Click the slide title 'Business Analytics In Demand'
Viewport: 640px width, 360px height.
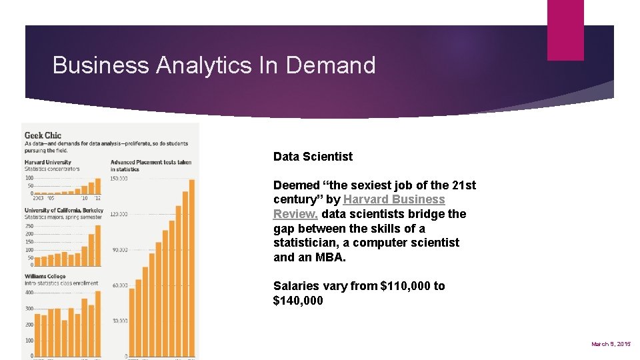point(214,65)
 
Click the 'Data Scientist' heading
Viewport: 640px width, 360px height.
point(313,157)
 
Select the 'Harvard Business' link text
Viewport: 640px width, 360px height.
point(394,199)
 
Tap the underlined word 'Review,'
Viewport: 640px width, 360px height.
point(295,214)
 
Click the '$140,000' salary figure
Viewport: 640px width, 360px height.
point(298,301)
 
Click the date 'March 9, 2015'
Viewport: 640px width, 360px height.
point(611,344)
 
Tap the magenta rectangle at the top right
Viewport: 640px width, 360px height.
point(565,30)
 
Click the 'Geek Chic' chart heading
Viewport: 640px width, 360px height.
point(43,135)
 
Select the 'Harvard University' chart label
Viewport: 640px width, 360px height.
point(48,162)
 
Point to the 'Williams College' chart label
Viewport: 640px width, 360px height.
point(45,275)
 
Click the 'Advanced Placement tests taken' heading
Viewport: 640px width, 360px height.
point(151,162)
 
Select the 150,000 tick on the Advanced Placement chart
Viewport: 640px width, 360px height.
point(119,179)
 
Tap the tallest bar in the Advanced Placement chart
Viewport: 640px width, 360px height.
point(191,267)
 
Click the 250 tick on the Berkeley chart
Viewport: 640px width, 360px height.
point(29,226)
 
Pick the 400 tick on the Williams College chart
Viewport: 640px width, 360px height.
point(29,293)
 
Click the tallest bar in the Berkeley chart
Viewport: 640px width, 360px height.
point(98,245)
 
